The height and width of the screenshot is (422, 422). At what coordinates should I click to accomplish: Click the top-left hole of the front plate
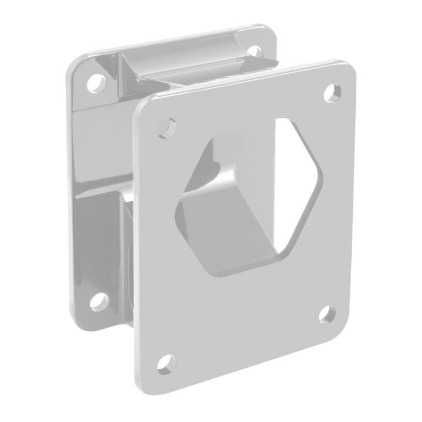click(167, 128)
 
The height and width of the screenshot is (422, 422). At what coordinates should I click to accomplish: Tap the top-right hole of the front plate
click(332, 93)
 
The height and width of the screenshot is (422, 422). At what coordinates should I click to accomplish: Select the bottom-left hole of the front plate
click(166, 363)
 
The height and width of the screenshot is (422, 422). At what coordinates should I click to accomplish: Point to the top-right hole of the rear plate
click(255, 50)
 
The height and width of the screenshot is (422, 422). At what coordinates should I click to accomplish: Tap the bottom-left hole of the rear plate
click(98, 301)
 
